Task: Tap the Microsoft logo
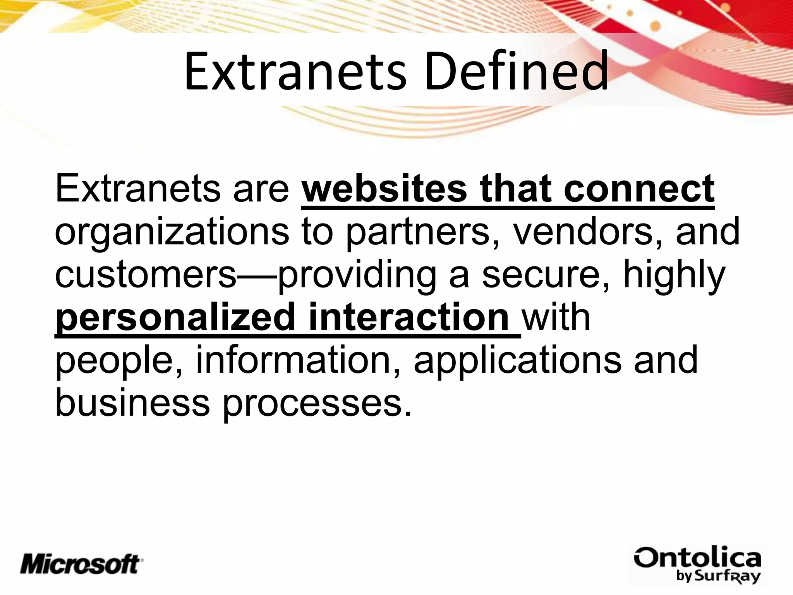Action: [x=82, y=564]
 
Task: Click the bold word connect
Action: [x=639, y=189]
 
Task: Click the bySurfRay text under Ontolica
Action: [x=719, y=576]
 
